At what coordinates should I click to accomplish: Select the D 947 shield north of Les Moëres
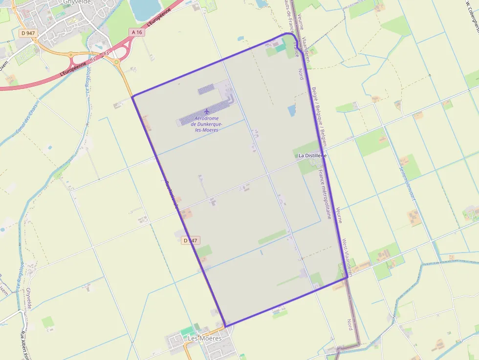191,240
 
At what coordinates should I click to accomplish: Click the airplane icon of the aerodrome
206,111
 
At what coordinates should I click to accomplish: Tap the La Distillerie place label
312,155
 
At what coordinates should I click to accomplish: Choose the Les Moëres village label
205,338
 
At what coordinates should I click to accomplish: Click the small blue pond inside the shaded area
292,111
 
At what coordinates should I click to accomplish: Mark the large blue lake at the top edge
145,9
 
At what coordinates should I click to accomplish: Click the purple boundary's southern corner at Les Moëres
225,326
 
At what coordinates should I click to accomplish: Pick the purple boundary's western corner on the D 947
132,97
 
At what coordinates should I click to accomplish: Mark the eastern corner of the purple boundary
348,277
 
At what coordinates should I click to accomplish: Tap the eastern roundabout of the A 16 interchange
117,62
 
